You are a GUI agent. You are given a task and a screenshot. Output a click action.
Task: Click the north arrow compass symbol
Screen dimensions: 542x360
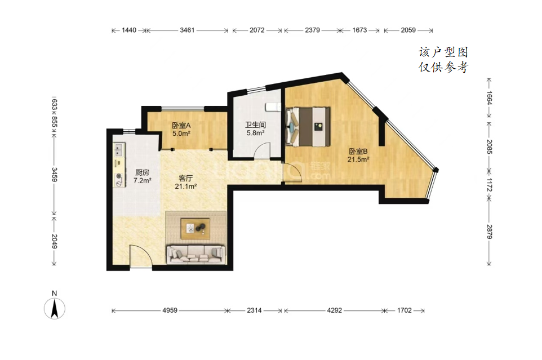click(x=55, y=308)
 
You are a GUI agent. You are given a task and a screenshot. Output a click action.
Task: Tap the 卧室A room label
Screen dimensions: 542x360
click(x=181, y=126)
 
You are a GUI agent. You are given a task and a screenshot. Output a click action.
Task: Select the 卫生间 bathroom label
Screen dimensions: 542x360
click(x=255, y=125)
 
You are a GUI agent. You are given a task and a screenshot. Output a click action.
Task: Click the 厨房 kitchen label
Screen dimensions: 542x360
click(x=142, y=172)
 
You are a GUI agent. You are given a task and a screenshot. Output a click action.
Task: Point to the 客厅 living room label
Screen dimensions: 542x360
click(x=185, y=178)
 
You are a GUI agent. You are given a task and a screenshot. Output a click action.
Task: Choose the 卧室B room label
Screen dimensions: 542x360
click(x=358, y=152)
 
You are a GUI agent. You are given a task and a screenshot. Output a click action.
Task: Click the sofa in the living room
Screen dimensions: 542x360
click(x=196, y=255)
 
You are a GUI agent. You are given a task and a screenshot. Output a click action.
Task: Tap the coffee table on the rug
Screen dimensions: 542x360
click(x=196, y=228)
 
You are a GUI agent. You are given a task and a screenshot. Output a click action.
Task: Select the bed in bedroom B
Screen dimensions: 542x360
click(x=308, y=126)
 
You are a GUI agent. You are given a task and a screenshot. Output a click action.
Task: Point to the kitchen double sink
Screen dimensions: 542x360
click(x=119, y=150)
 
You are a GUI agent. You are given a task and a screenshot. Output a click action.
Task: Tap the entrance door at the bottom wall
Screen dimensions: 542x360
click(x=141, y=256)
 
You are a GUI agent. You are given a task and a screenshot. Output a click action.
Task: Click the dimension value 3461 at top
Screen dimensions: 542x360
click(x=187, y=30)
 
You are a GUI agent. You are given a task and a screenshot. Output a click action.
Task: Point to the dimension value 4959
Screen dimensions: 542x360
click(x=170, y=310)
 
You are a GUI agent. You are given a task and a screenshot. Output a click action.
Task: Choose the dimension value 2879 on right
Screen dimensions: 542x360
click(x=489, y=231)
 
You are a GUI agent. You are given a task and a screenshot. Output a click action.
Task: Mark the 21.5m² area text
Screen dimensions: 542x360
click(x=358, y=159)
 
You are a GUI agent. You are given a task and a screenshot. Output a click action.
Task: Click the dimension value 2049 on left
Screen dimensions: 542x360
click(x=54, y=241)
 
